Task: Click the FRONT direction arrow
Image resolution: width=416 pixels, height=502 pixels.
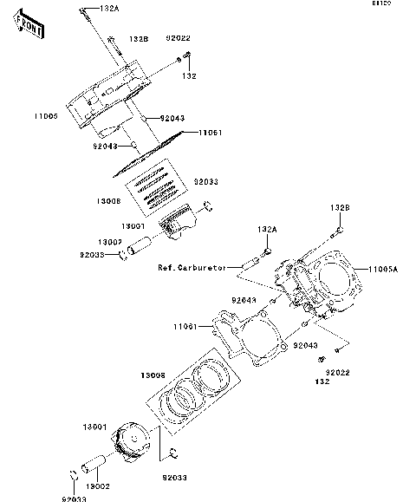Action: click(30, 26)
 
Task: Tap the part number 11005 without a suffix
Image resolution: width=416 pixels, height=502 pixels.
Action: click(46, 115)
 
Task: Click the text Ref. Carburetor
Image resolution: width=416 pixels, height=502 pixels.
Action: click(192, 268)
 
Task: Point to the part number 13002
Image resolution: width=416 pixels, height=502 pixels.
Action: click(97, 488)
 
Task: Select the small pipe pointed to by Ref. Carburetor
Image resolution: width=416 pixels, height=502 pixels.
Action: click(257, 258)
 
